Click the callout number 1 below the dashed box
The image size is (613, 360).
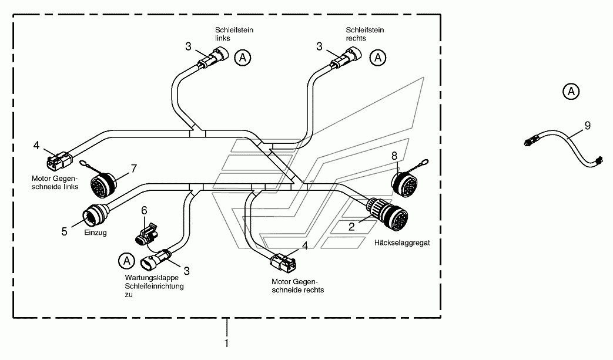[x=226, y=343]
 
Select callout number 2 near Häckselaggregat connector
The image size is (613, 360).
[x=351, y=227]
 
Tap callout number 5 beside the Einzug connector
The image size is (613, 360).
[x=64, y=232]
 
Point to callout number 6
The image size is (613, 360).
[x=144, y=211]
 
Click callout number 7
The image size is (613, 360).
[x=133, y=169]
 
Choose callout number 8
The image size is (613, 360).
[x=394, y=156]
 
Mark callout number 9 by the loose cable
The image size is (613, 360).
[x=587, y=126]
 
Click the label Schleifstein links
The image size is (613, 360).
[x=234, y=34]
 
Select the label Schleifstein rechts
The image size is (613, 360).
[x=365, y=34]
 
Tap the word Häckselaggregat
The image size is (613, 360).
[x=402, y=243]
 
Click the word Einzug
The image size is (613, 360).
[x=95, y=233]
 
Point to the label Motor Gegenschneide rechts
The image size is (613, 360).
[x=298, y=286]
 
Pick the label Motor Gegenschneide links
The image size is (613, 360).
[x=55, y=183]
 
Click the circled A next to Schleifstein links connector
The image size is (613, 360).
[x=242, y=58]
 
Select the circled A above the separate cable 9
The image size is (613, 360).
[x=571, y=92]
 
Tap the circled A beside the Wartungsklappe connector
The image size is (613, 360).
[x=127, y=261]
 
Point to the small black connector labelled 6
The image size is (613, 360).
[x=146, y=234]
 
